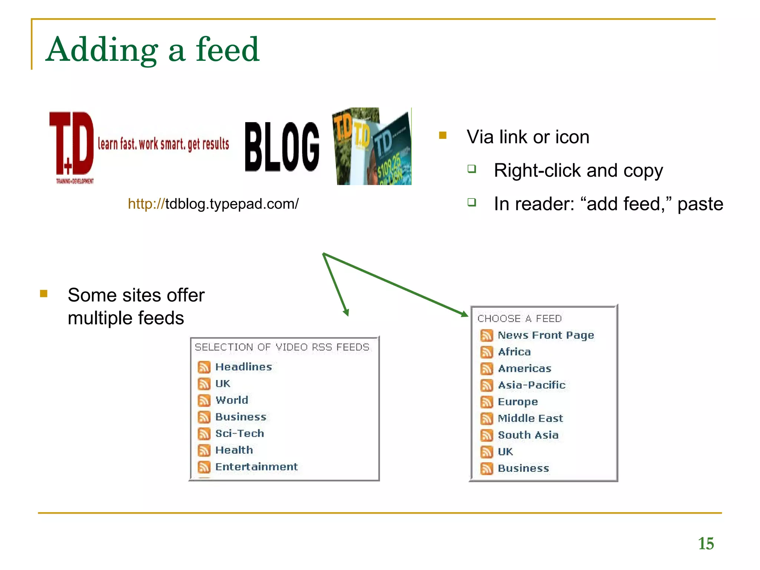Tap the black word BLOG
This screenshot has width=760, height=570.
[282, 147]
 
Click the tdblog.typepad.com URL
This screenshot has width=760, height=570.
[213, 204]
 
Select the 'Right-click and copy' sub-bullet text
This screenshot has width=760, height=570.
[578, 171]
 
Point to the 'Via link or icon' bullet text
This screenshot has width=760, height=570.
[528, 137]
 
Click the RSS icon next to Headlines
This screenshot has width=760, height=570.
[204, 367]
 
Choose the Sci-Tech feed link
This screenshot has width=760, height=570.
[240, 433]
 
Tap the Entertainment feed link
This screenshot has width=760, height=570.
[256, 466]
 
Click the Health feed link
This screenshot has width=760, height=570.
[234, 450]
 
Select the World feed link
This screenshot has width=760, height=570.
[232, 400]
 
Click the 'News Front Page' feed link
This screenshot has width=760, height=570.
[546, 335]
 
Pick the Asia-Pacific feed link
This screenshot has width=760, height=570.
[532, 385]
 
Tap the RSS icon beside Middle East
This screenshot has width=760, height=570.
[487, 419]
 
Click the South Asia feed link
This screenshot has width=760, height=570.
[528, 435]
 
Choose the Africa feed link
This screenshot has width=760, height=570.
[514, 352]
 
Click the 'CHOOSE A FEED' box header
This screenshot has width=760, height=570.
[520, 318]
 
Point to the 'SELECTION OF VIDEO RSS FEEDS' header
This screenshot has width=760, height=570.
[282, 347]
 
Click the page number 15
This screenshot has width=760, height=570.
[706, 544]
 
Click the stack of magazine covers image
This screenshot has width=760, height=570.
[373, 146]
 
